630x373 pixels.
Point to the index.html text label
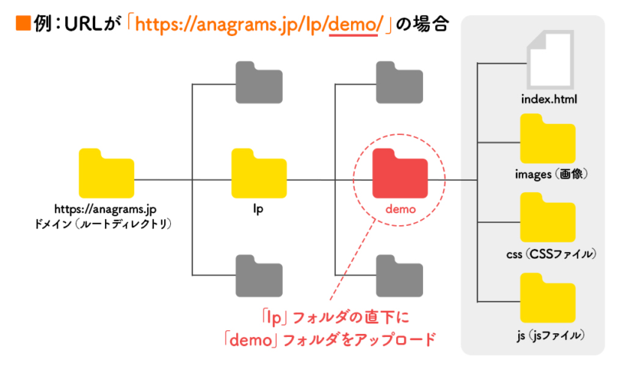pyautogui.click(x=548, y=98)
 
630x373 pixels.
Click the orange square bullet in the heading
pyautogui.click(x=22, y=24)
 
